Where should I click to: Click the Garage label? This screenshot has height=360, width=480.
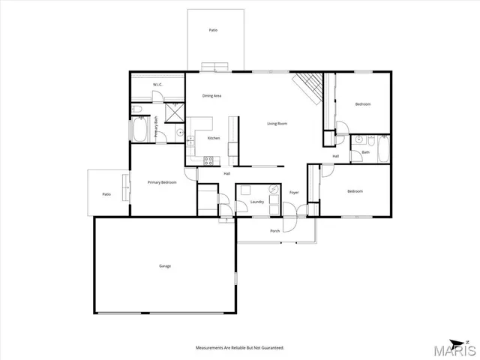coord(164,266)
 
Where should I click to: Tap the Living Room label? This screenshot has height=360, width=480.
coord(277,123)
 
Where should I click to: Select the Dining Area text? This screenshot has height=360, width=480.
coord(211,96)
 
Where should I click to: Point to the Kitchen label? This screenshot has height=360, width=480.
coord(214,139)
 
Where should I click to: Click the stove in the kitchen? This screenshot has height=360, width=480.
coord(208,159)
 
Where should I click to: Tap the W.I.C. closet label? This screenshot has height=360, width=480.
coord(158,85)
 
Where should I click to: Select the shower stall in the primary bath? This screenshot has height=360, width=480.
coord(173,112)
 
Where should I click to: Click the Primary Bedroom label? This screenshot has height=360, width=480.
coord(162,182)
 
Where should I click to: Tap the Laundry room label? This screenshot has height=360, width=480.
coord(257,202)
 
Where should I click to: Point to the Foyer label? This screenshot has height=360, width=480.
coord(295,192)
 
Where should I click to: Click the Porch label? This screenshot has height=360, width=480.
coord(275,230)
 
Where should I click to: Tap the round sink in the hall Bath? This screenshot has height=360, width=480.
coord(359,139)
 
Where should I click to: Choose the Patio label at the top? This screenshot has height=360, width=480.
coord(214,30)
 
